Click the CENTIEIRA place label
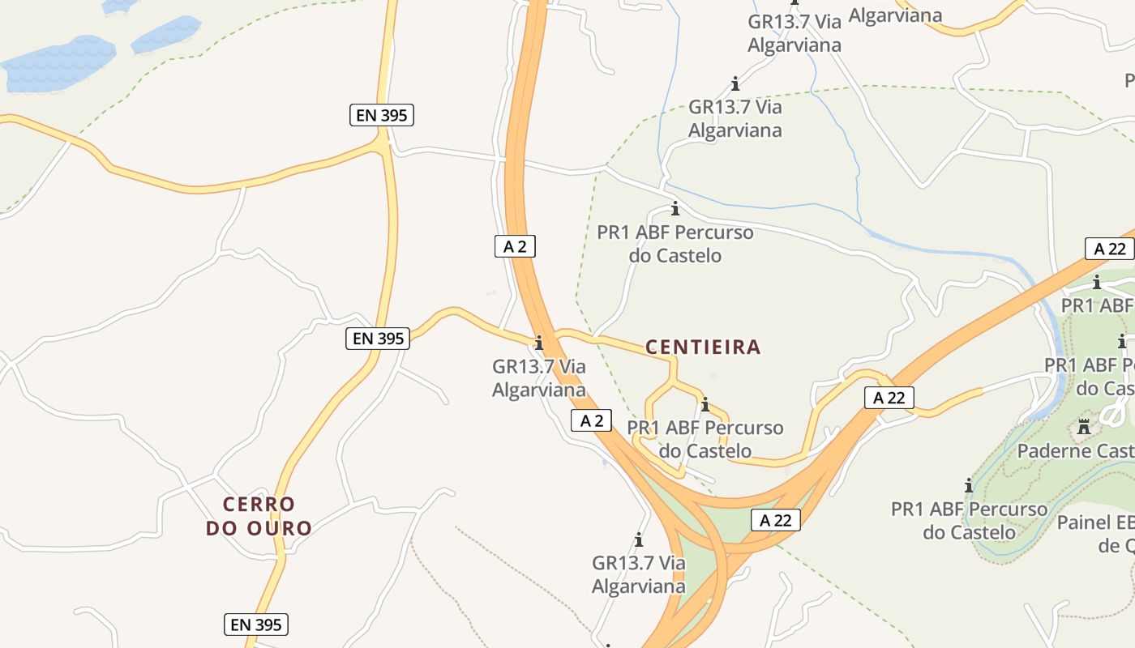tap(703, 347)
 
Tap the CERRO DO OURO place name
tap(259, 516)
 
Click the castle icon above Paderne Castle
tap(1084, 426)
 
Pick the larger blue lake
tap(58, 64)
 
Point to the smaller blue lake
tap(165, 33)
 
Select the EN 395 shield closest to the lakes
tap(382, 115)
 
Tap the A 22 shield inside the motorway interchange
tap(775, 520)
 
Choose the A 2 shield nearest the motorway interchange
tap(591, 420)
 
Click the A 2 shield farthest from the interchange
tap(515, 246)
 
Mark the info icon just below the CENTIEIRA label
tap(705, 404)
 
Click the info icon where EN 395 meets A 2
tap(539, 343)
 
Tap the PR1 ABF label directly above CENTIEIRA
tap(675, 244)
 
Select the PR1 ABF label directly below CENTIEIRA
tap(705, 438)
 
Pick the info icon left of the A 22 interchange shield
tap(639, 539)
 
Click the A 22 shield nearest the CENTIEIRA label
tap(889, 397)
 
